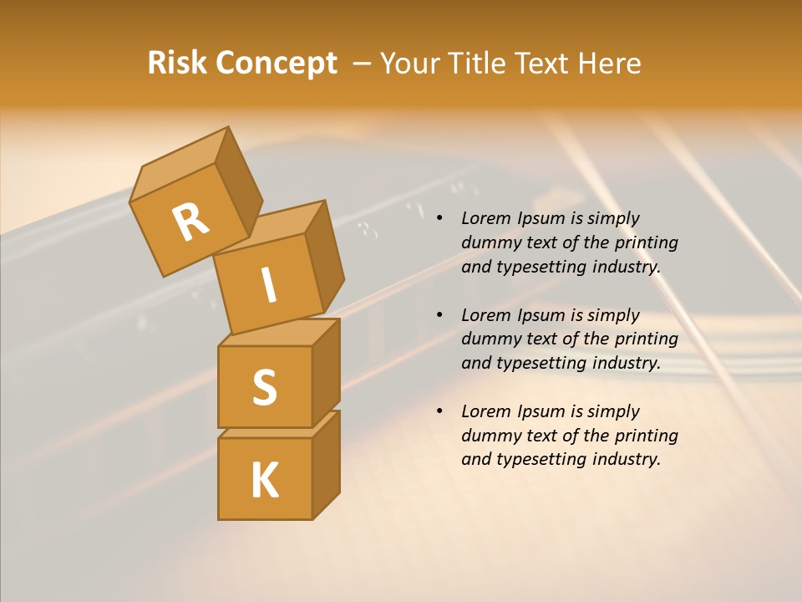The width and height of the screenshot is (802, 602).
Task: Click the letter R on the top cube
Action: [190, 222]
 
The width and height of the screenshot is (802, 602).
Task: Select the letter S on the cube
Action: [264, 387]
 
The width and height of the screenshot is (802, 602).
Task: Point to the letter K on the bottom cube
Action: [264, 480]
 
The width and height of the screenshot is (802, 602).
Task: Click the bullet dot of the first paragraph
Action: [439, 218]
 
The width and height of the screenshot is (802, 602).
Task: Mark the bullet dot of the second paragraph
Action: [439, 315]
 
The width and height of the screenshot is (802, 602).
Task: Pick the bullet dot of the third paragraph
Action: [439, 411]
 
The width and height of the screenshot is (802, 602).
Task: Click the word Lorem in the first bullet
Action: [485, 218]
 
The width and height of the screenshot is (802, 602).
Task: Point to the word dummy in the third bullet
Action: [489, 436]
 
